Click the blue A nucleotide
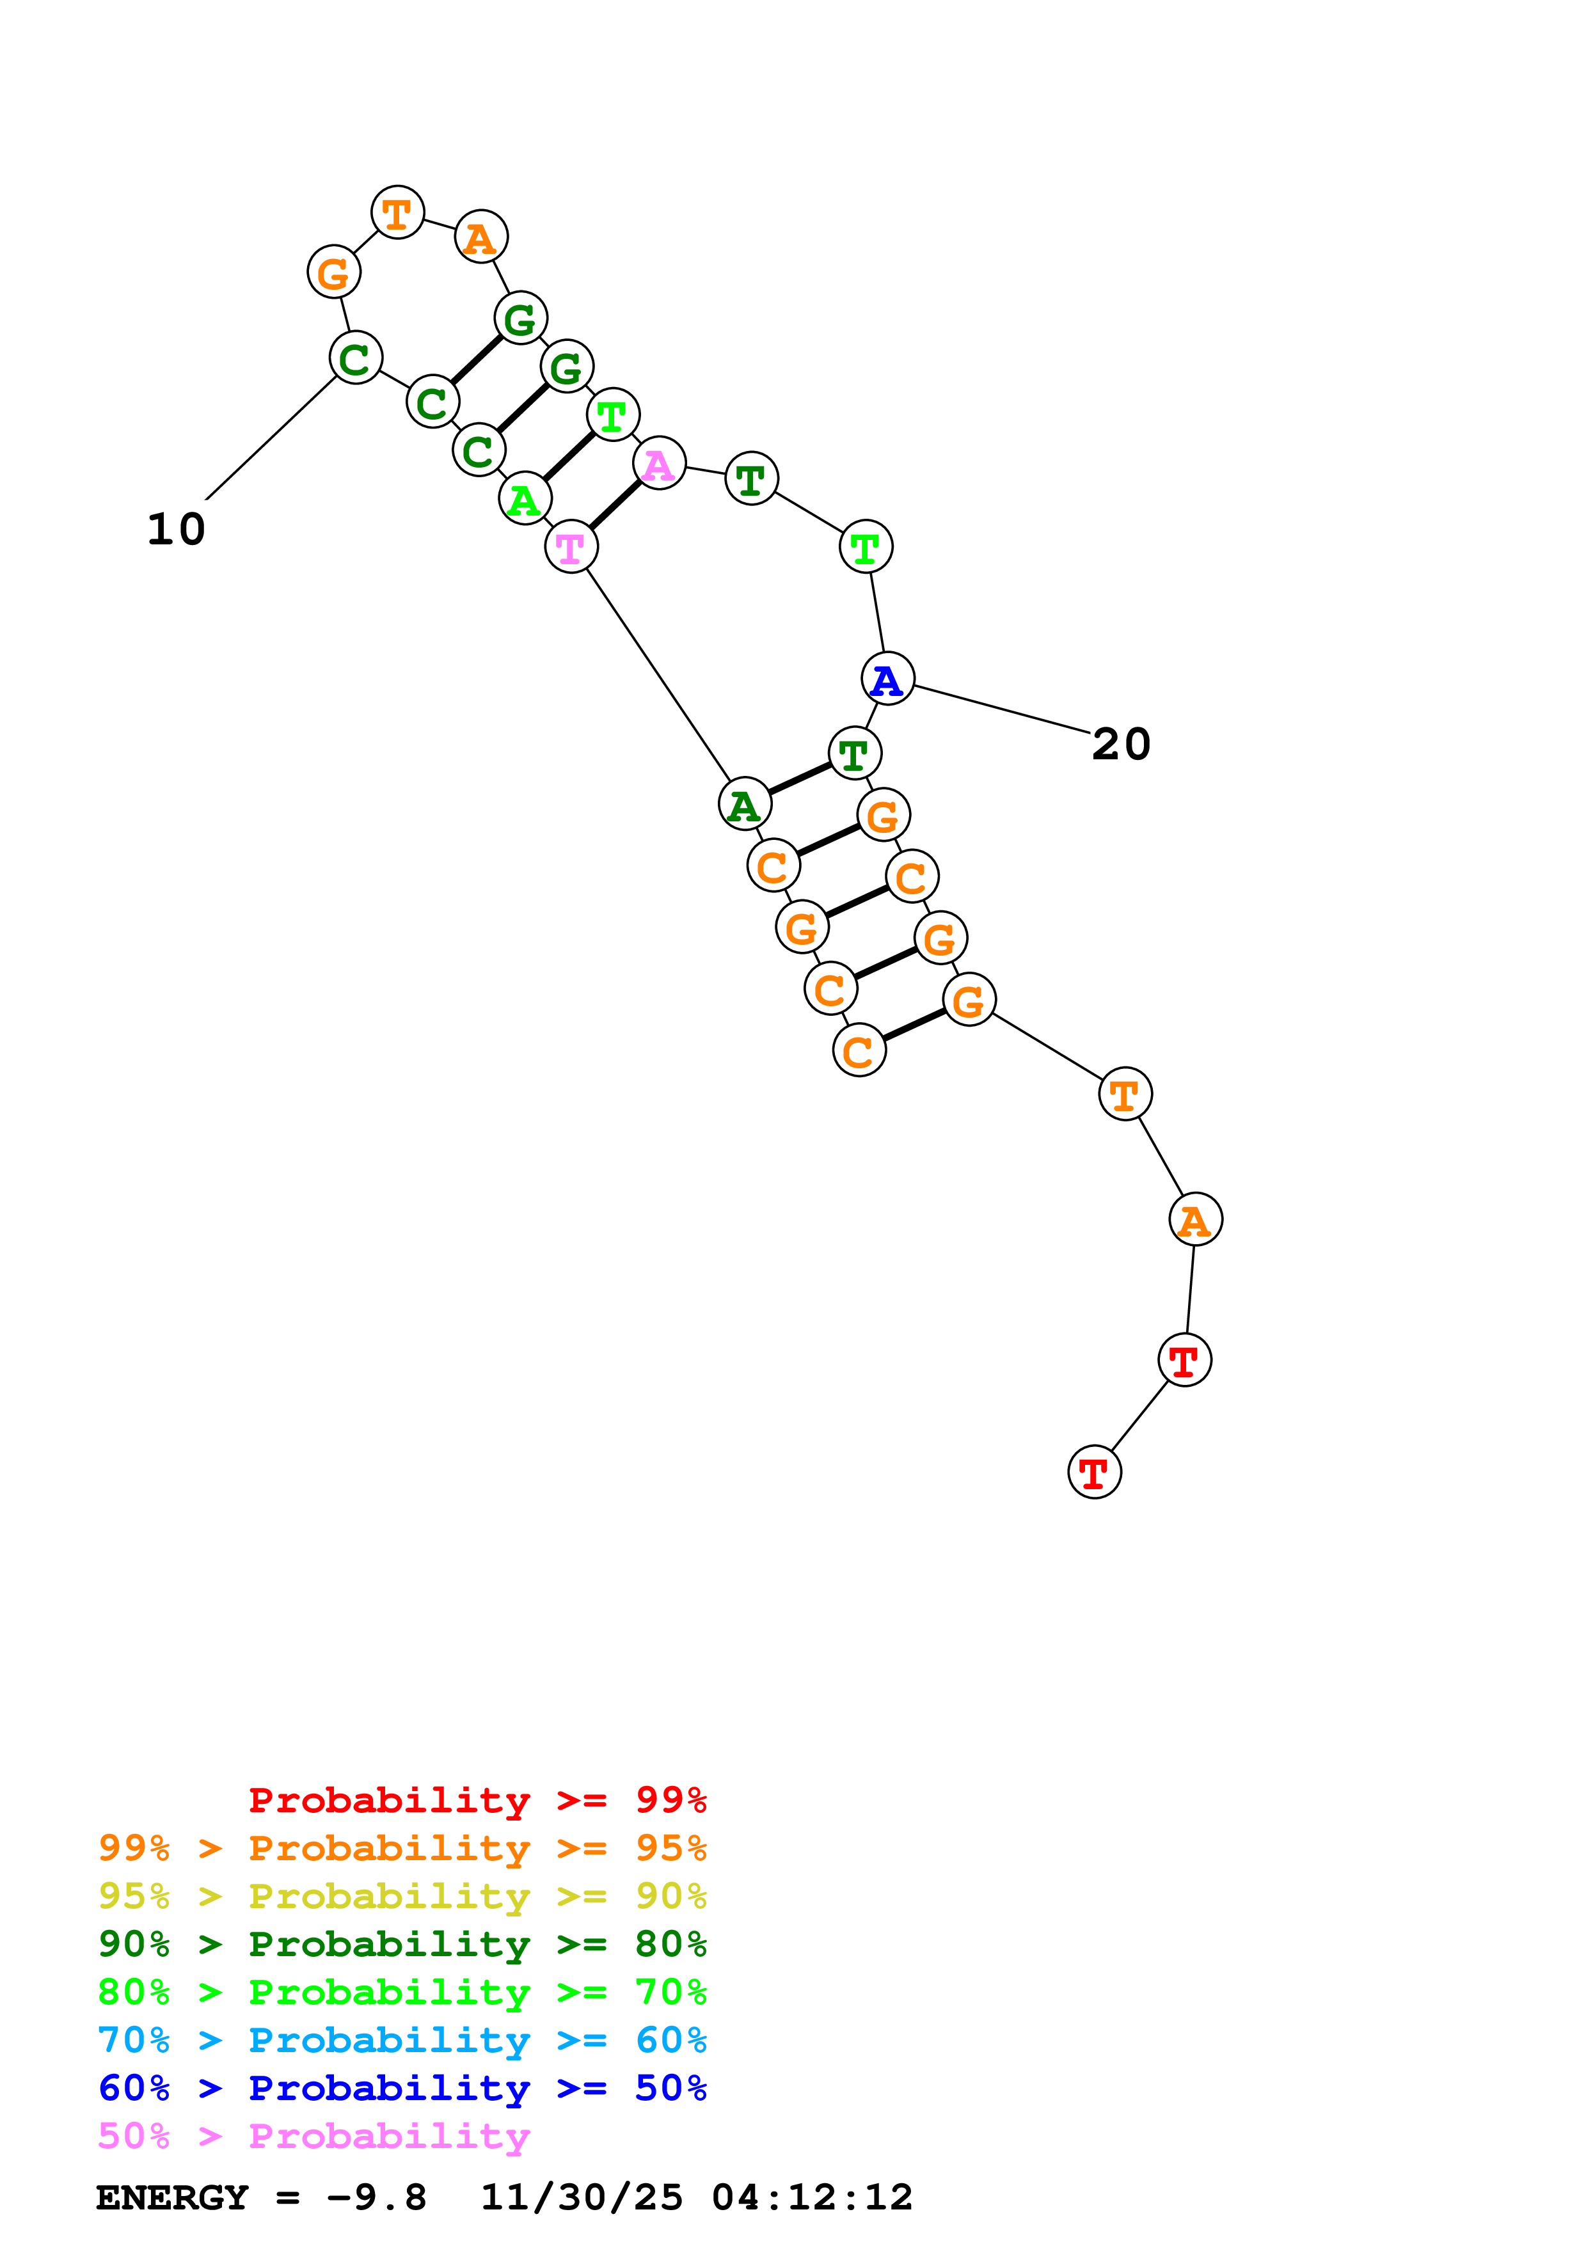pos(887,679)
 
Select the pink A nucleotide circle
pos(658,463)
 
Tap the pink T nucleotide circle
pos(571,548)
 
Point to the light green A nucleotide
pos(525,500)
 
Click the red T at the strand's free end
pos(1095,1472)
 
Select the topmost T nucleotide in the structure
pos(397,212)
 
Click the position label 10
pos(176,530)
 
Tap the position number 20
pos(1121,745)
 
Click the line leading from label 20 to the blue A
pos(1002,709)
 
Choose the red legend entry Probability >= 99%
pos(477,1800)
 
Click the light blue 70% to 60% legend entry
pos(402,2040)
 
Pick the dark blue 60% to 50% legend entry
pos(402,2088)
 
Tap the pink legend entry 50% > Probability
pos(313,2137)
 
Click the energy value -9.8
pos(376,2197)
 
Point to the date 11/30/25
pos(582,2197)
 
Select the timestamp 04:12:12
pos(812,2197)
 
